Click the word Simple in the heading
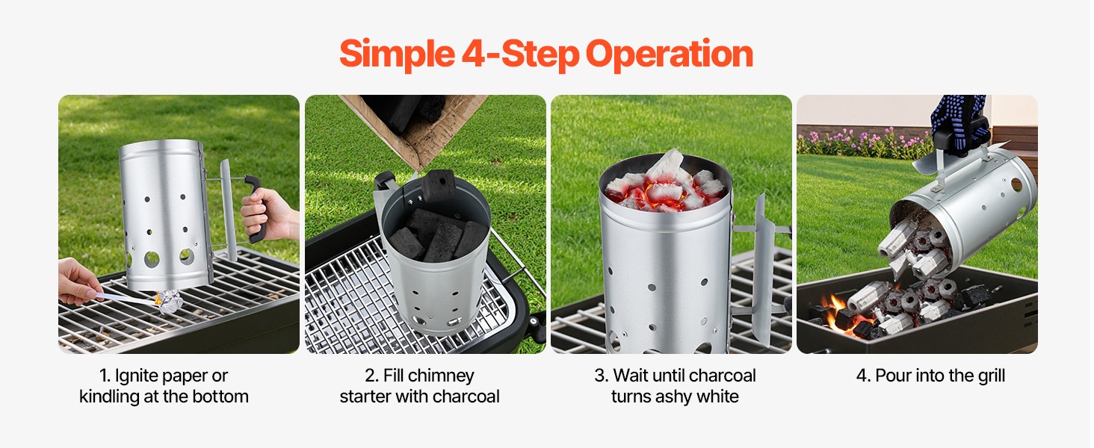point(397,55)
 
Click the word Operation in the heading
point(669,55)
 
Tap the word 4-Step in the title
point(520,55)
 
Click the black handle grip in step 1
point(257,208)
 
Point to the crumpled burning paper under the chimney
point(167,301)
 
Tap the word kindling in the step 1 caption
point(109,396)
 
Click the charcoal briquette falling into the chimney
point(439,185)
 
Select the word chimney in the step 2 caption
point(445,376)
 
